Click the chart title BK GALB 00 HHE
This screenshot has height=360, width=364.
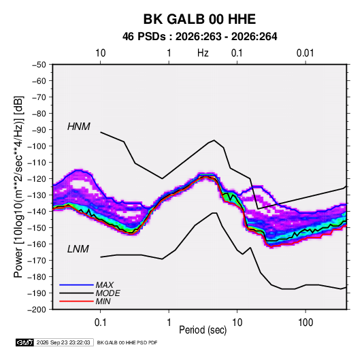(x=199, y=19)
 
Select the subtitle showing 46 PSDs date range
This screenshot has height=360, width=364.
(x=199, y=37)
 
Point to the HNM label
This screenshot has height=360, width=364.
(x=79, y=127)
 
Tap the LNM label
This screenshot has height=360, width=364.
(x=78, y=249)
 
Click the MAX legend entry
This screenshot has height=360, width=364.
(x=105, y=285)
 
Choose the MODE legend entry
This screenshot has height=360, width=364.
(x=107, y=293)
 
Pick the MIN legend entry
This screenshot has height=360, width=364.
(x=103, y=301)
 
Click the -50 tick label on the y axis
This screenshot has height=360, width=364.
(x=39, y=65)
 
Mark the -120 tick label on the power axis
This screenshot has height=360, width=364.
(x=37, y=179)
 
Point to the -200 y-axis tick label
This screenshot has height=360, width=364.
(x=37, y=310)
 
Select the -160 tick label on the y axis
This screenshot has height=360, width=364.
(x=37, y=244)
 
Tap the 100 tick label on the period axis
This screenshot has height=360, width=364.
(x=305, y=323)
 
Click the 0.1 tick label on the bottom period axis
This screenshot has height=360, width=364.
(x=100, y=323)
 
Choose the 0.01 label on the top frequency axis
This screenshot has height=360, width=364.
(x=305, y=53)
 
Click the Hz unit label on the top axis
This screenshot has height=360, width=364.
(x=203, y=53)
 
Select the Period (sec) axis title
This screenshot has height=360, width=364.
(x=203, y=330)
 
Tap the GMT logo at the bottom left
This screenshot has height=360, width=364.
(x=24, y=342)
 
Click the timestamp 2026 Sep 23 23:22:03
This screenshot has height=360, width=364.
(x=63, y=342)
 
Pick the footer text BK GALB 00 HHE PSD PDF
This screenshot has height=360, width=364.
(x=127, y=342)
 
